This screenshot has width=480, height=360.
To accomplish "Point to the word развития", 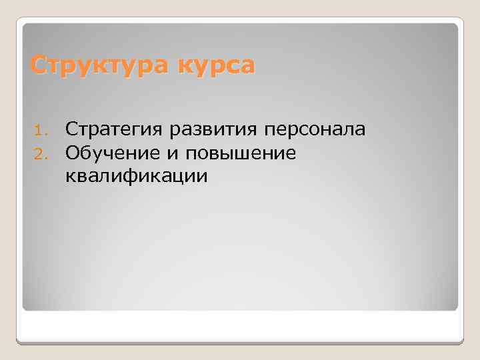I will click(x=211, y=129).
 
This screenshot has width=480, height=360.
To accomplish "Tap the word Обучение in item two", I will click(x=111, y=153).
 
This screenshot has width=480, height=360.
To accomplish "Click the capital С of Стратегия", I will click(x=71, y=128).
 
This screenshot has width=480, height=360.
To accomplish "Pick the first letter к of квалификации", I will click(x=70, y=177).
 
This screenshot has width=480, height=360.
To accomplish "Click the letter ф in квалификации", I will click(x=138, y=177).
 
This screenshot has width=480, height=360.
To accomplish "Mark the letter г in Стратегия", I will click(x=135, y=129).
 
